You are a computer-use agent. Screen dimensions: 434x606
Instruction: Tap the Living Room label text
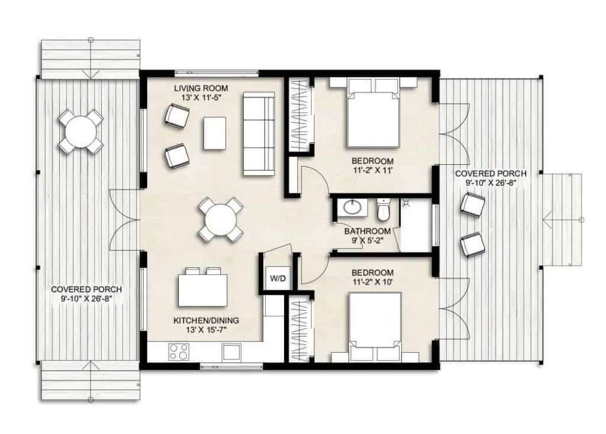pos(201,88)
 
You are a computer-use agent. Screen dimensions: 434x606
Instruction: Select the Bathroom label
pos(368,231)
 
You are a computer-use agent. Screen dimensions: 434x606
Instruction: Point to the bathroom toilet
pos(383,208)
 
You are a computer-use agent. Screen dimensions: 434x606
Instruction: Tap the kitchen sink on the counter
pos(231,352)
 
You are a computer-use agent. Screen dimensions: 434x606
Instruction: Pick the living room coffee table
pos(214,133)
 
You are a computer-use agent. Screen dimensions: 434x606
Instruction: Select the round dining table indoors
pos(220,220)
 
